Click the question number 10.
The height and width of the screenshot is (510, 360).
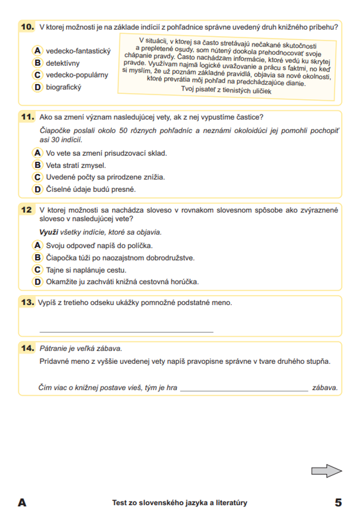pos(27,27)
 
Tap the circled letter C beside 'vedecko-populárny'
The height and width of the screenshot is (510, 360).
pos(37,75)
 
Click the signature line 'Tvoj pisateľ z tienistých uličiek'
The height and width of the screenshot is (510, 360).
pos(226,90)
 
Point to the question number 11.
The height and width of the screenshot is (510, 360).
pos(27,117)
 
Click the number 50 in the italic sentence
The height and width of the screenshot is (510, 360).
pos(123,131)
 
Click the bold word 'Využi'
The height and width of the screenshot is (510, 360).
pos(49,233)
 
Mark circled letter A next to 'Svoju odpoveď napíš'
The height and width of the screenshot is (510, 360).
pos(37,245)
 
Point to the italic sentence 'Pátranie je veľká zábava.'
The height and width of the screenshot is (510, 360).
pos(81,348)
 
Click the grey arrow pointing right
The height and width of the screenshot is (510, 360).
pos(326,471)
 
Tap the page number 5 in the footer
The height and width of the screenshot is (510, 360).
pos(338,502)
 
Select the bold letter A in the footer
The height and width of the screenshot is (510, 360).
pos(22,502)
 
